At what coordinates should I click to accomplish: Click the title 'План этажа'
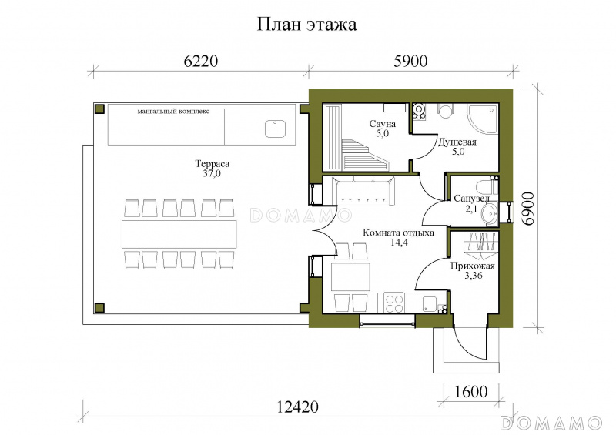click(x=306, y=25)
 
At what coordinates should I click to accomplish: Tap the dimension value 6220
click(x=200, y=62)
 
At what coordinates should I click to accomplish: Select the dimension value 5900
click(x=410, y=62)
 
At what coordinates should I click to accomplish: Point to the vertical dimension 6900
click(x=529, y=209)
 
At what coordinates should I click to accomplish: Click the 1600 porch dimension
click(x=471, y=391)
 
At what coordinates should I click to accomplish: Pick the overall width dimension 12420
click(x=297, y=407)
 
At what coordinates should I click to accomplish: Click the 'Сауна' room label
click(x=382, y=124)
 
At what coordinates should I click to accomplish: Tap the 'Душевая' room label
click(x=457, y=142)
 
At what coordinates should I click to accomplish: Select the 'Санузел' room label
click(x=471, y=199)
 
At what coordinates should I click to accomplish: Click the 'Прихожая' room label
click(x=472, y=266)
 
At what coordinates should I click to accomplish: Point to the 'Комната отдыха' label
click(x=398, y=233)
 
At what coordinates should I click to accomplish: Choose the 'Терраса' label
click(x=213, y=163)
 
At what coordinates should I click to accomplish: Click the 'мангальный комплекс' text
click(x=173, y=111)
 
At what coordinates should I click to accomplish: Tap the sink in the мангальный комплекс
click(x=275, y=129)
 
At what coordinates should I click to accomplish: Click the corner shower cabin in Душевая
click(x=483, y=119)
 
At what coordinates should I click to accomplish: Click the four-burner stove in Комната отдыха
click(x=394, y=303)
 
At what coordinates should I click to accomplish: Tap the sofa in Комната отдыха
click(x=363, y=191)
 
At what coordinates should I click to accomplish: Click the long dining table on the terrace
click(x=179, y=234)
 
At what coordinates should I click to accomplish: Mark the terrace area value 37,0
click(x=212, y=173)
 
